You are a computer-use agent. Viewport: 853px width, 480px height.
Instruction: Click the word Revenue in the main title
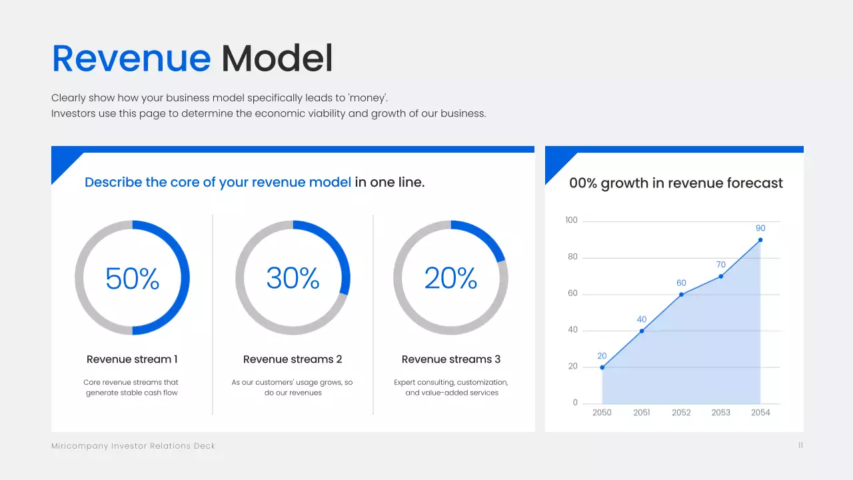tap(131, 59)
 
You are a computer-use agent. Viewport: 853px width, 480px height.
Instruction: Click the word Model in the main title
tap(277, 59)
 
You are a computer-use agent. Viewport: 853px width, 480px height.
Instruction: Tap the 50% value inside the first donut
tap(132, 278)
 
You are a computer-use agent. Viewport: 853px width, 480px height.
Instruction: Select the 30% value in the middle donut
tap(293, 278)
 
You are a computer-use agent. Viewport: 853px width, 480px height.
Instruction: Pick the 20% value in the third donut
tap(450, 278)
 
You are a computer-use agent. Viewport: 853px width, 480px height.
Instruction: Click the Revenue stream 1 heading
tap(132, 359)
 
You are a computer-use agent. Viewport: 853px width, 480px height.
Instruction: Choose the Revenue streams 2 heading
tap(293, 359)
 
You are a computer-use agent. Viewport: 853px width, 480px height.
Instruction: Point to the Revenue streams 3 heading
tap(450, 359)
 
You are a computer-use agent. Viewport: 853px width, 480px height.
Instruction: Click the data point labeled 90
tap(760, 240)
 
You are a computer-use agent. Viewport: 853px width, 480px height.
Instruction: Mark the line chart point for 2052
tap(681, 295)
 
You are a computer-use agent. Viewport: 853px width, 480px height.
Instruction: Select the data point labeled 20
tap(602, 367)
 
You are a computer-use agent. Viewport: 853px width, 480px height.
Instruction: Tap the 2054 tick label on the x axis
tap(760, 413)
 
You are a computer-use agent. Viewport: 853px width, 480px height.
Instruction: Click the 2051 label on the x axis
tap(642, 413)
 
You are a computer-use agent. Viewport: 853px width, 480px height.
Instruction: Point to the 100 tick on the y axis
tap(571, 221)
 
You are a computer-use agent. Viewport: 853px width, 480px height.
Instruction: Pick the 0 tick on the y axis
tap(575, 403)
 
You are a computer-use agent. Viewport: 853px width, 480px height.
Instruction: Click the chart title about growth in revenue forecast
tap(676, 183)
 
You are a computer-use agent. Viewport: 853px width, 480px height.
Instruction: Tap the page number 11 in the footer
tap(800, 445)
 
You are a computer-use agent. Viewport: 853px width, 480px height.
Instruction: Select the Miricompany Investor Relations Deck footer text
tap(133, 446)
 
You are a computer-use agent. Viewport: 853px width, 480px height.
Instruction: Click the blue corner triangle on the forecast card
tap(556, 163)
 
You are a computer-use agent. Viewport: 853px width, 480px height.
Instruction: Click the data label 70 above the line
tap(720, 265)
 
